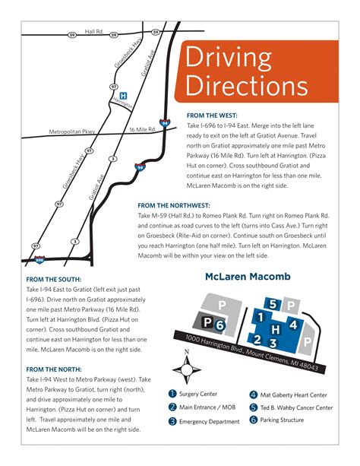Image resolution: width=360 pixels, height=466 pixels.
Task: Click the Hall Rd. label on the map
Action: click(x=94, y=31)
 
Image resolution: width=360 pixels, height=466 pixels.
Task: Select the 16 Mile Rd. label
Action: click(x=141, y=129)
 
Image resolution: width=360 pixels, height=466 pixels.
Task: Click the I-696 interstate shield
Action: click(x=44, y=259)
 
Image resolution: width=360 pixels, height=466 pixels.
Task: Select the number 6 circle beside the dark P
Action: click(x=219, y=325)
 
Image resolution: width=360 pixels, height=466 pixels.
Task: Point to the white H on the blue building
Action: click(x=276, y=328)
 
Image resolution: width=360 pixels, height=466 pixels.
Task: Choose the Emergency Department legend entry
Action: click(x=208, y=420)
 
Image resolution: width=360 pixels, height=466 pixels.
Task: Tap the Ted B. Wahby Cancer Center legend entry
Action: click(x=296, y=407)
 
